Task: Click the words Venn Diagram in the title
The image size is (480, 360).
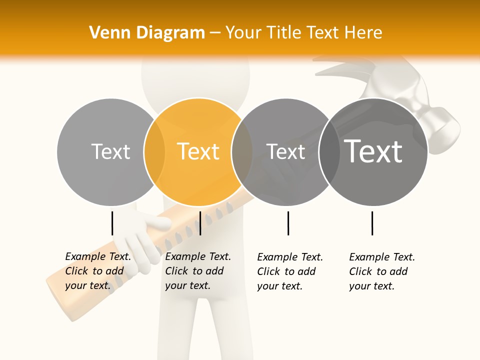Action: pyautogui.click(x=147, y=33)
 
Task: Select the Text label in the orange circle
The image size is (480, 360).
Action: pyautogui.click(x=198, y=151)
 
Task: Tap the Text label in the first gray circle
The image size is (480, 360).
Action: pyautogui.click(x=110, y=151)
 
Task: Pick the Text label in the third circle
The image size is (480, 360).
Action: pyautogui.click(x=285, y=151)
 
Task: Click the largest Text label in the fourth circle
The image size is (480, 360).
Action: pyautogui.click(x=373, y=151)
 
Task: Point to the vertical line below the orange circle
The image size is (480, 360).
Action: pyautogui.click(x=200, y=223)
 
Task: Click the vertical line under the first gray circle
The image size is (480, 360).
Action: pyautogui.click(x=112, y=223)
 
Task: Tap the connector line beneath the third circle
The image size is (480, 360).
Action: pyautogui.click(x=288, y=223)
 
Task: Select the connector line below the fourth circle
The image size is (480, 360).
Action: pyautogui.click(x=372, y=223)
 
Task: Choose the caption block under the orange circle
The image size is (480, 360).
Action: pyautogui.click(x=198, y=271)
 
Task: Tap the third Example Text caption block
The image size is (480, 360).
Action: pyautogui.click(x=290, y=271)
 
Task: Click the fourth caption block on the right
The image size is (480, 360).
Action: pyautogui.click(x=382, y=271)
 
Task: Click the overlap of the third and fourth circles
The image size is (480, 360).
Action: pyautogui.click(x=328, y=151)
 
